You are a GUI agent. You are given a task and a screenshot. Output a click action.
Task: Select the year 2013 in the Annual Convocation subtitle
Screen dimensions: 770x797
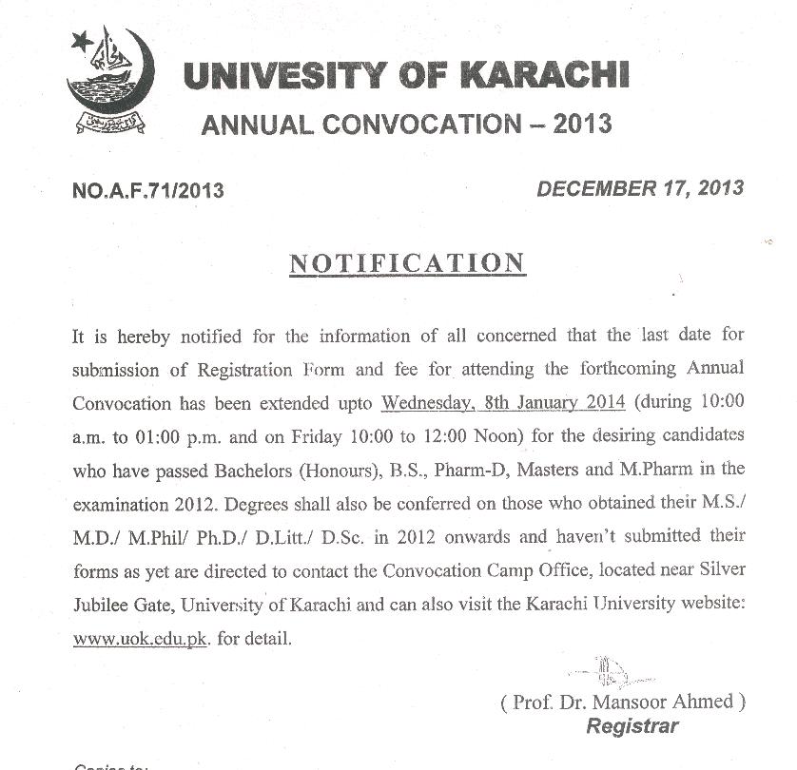[x=581, y=124]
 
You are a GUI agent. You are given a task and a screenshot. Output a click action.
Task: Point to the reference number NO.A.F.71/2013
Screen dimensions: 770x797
[x=148, y=190]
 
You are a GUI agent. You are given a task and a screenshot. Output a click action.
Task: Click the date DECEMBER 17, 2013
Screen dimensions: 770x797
[x=640, y=187]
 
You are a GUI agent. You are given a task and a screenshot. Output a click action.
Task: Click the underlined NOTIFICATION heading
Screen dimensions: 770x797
[x=407, y=262]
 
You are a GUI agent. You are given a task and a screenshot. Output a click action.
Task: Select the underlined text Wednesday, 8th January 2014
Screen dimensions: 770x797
[x=503, y=401]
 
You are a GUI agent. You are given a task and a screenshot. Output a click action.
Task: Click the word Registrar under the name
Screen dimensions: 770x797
[x=632, y=726]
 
